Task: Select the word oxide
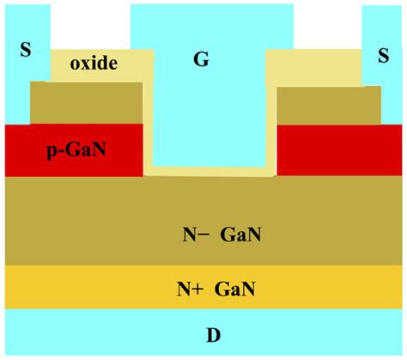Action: point(94,63)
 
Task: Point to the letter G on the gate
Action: point(203,58)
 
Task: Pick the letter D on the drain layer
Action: point(203,333)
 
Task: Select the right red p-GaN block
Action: point(339,149)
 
